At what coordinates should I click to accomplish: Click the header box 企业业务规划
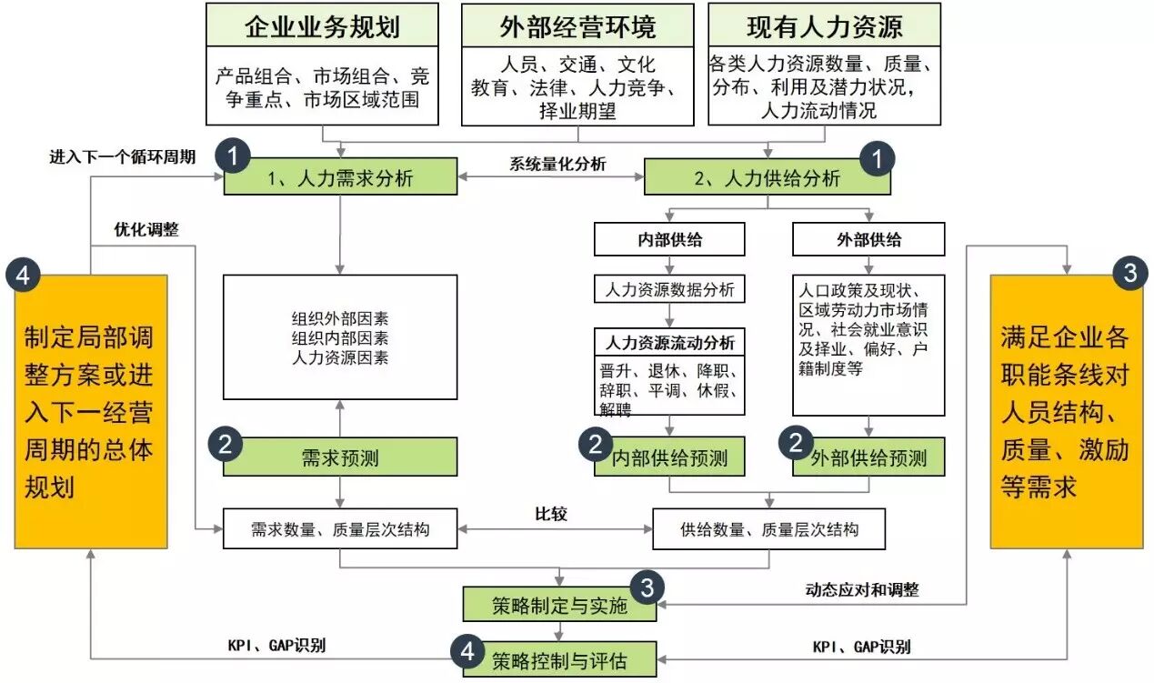click(x=322, y=25)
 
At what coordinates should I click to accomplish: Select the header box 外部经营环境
click(x=577, y=25)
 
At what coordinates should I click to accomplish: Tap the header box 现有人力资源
click(x=824, y=25)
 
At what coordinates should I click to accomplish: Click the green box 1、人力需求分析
click(x=340, y=176)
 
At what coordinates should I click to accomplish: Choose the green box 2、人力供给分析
click(x=768, y=176)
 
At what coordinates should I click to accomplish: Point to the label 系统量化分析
click(x=557, y=164)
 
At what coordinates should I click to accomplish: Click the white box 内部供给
click(x=669, y=239)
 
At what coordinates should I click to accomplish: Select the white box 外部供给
click(x=868, y=239)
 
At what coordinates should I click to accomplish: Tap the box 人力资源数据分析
click(x=669, y=289)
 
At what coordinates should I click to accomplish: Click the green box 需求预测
click(x=340, y=457)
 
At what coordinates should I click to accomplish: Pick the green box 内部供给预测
click(x=669, y=457)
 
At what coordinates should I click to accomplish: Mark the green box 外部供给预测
click(x=868, y=457)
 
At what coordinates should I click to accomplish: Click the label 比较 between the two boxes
click(x=551, y=514)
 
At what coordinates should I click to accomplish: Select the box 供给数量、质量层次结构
click(x=768, y=529)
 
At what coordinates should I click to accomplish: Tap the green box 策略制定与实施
click(x=559, y=605)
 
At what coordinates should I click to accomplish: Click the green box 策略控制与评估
click(x=559, y=659)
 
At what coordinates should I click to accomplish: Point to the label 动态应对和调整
click(x=862, y=589)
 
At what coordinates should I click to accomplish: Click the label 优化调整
click(x=146, y=229)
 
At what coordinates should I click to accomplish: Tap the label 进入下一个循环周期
click(x=122, y=156)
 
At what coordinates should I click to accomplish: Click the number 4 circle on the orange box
click(x=23, y=276)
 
